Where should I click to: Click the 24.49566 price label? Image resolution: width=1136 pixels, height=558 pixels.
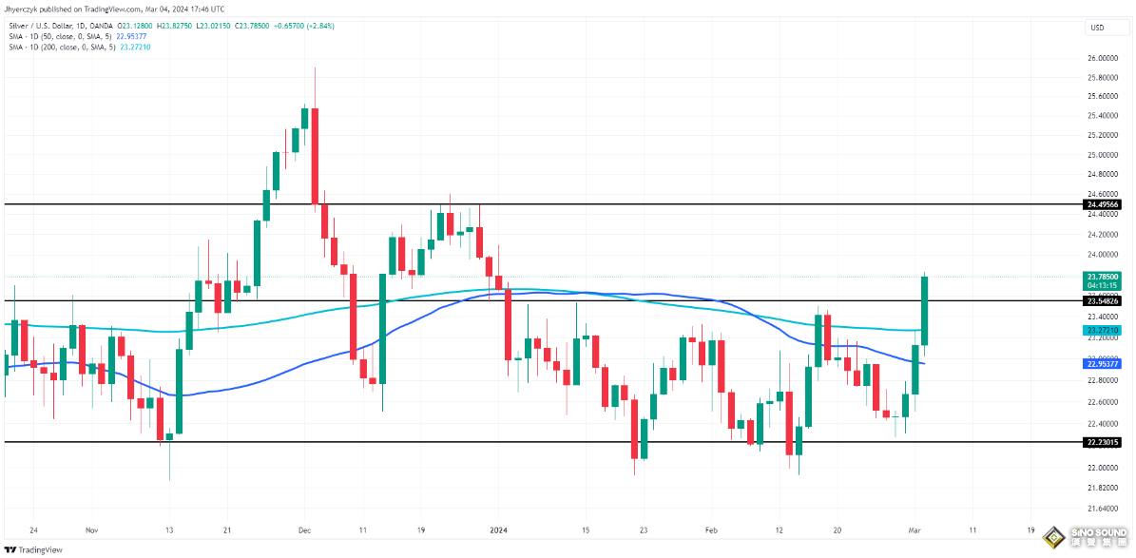(x=1102, y=204)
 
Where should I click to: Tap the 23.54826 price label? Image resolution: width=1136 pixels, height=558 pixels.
(x=1102, y=300)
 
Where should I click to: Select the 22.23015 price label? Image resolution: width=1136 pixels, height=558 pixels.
(x=1102, y=442)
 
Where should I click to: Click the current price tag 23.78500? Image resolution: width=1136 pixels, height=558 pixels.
(x=1102, y=276)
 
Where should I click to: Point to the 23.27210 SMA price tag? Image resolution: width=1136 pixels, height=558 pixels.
(x=1102, y=330)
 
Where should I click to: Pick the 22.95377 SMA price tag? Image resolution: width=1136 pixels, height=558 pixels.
(x=1102, y=363)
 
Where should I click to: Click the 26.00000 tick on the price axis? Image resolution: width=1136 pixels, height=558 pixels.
(x=1101, y=57)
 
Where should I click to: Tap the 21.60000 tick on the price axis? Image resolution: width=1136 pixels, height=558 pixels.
(x=1101, y=508)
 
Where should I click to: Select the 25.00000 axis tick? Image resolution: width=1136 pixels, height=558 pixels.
(x=1101, y=155)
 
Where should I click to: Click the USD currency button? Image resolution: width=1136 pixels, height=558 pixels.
(x=1095, y=28)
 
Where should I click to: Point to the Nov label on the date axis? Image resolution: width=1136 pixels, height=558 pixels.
(x=91, y=529)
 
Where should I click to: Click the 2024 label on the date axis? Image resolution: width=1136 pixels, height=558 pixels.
(x=498, y=529)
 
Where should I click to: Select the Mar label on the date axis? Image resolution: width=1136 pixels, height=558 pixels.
(x=914, y=529)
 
